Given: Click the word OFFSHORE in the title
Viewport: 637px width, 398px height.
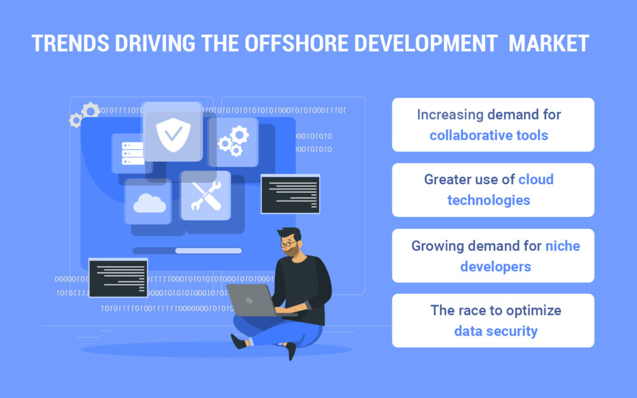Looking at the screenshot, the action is (x=296, y=44).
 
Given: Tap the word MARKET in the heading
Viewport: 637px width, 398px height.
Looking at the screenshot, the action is (x=549, y=44).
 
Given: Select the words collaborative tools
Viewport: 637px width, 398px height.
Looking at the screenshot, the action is (x=489, y=135).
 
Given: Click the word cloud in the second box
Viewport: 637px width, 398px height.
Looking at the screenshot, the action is (x=536, y=179).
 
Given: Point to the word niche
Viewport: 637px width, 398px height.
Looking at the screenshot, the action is (x=562, y=246).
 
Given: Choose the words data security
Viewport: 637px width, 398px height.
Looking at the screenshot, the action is (x=496, y=331).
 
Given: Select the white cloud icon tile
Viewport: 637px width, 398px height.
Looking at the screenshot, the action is (x=148, y=201).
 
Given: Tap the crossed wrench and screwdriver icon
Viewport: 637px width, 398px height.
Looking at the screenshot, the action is (x=206, y=196).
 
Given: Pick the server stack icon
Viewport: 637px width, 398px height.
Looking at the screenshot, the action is (x=133, y=154).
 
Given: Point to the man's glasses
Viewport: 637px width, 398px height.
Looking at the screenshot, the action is (x=288, y=244).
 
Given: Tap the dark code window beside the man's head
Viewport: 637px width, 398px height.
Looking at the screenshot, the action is (x=291, y=194).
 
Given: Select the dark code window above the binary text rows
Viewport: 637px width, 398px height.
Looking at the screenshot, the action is (x=118, y=278).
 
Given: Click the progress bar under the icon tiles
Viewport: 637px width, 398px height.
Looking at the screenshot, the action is (x=187, y=251).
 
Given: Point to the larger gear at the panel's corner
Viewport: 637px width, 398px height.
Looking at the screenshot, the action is (x=90, y=111).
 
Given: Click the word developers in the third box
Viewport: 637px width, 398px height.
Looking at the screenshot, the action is (x=496, y=266).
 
